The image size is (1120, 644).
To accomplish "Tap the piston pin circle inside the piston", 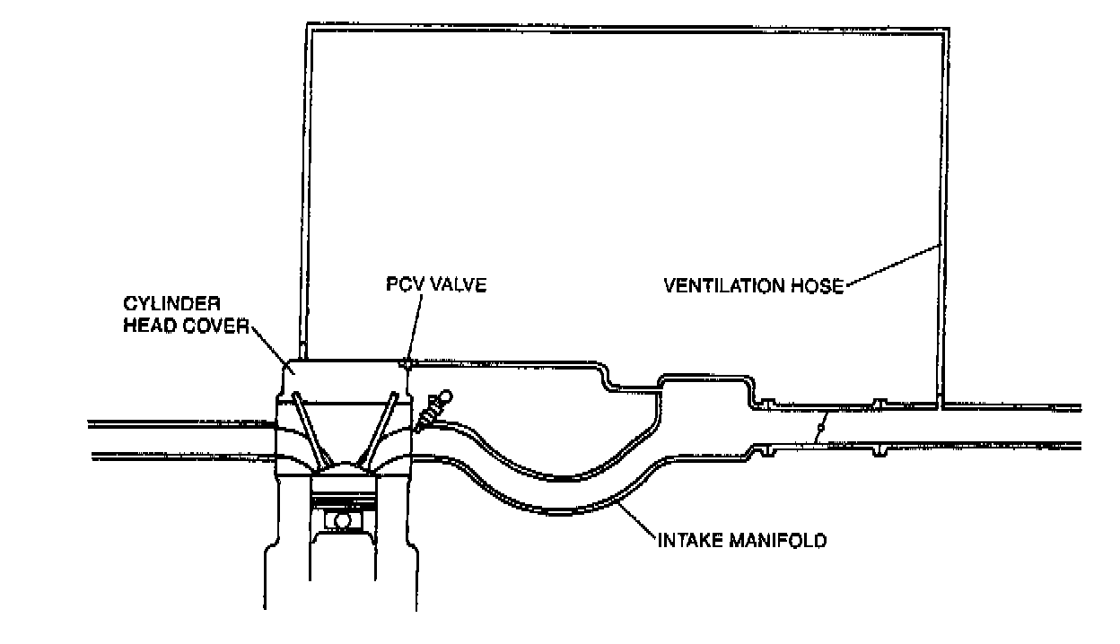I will point(342,519).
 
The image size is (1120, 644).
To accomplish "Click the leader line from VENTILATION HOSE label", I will point(892,265).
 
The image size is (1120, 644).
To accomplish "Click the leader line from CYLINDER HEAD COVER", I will point(274,345).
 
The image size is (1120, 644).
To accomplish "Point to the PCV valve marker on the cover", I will point(407,364).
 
